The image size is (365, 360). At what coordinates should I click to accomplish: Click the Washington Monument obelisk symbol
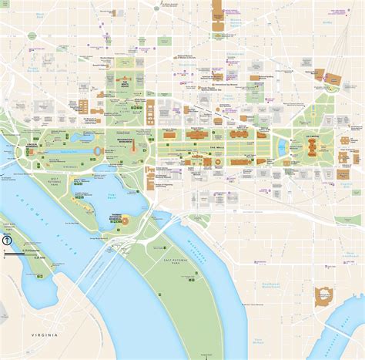point(133,148)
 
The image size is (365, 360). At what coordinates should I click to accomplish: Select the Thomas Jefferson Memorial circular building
point(126,221)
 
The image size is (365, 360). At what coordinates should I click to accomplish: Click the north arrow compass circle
point(6,241)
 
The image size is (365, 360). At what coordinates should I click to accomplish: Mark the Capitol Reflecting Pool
point(282,146)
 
